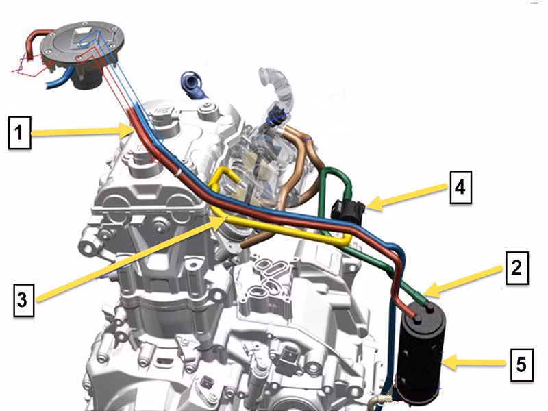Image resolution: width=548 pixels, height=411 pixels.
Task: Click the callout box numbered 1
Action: (20, 133)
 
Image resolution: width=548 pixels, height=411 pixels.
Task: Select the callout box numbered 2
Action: (517, 268)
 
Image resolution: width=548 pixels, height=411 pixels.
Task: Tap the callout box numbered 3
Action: (24, 300)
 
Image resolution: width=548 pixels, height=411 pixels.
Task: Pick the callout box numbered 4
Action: (460, 187)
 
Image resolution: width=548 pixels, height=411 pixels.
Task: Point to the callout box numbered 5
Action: (522, 364)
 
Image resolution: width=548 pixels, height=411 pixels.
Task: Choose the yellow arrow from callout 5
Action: (474, 363)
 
